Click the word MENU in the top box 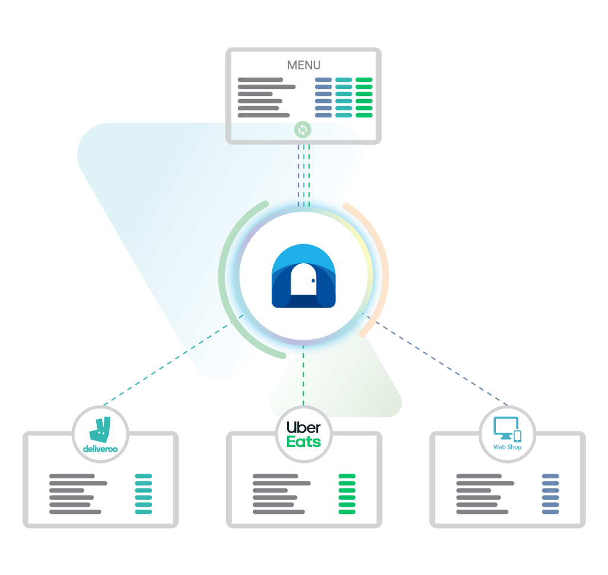[304, 65]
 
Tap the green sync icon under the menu [303, 129]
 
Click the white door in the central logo [303, 279]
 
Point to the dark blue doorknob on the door [313, 281]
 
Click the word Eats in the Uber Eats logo [304, 442]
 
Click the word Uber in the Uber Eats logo [304, 427]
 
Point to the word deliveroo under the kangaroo [100, 449]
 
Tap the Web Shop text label [507, 447]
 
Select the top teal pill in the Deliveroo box [144, 476]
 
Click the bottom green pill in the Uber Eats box [347, 512]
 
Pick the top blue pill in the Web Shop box [550, 476]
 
